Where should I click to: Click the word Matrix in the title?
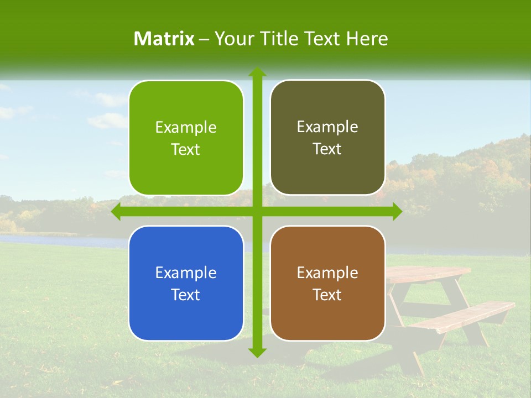click(164, 39)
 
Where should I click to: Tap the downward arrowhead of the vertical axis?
click(257, 352)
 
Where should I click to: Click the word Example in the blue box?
click(186, 273)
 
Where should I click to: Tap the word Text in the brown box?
click(327, 295)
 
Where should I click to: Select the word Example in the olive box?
click(327, 127)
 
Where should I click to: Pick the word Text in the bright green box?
click(186, 150)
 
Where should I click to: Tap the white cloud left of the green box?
click(108, 120)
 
